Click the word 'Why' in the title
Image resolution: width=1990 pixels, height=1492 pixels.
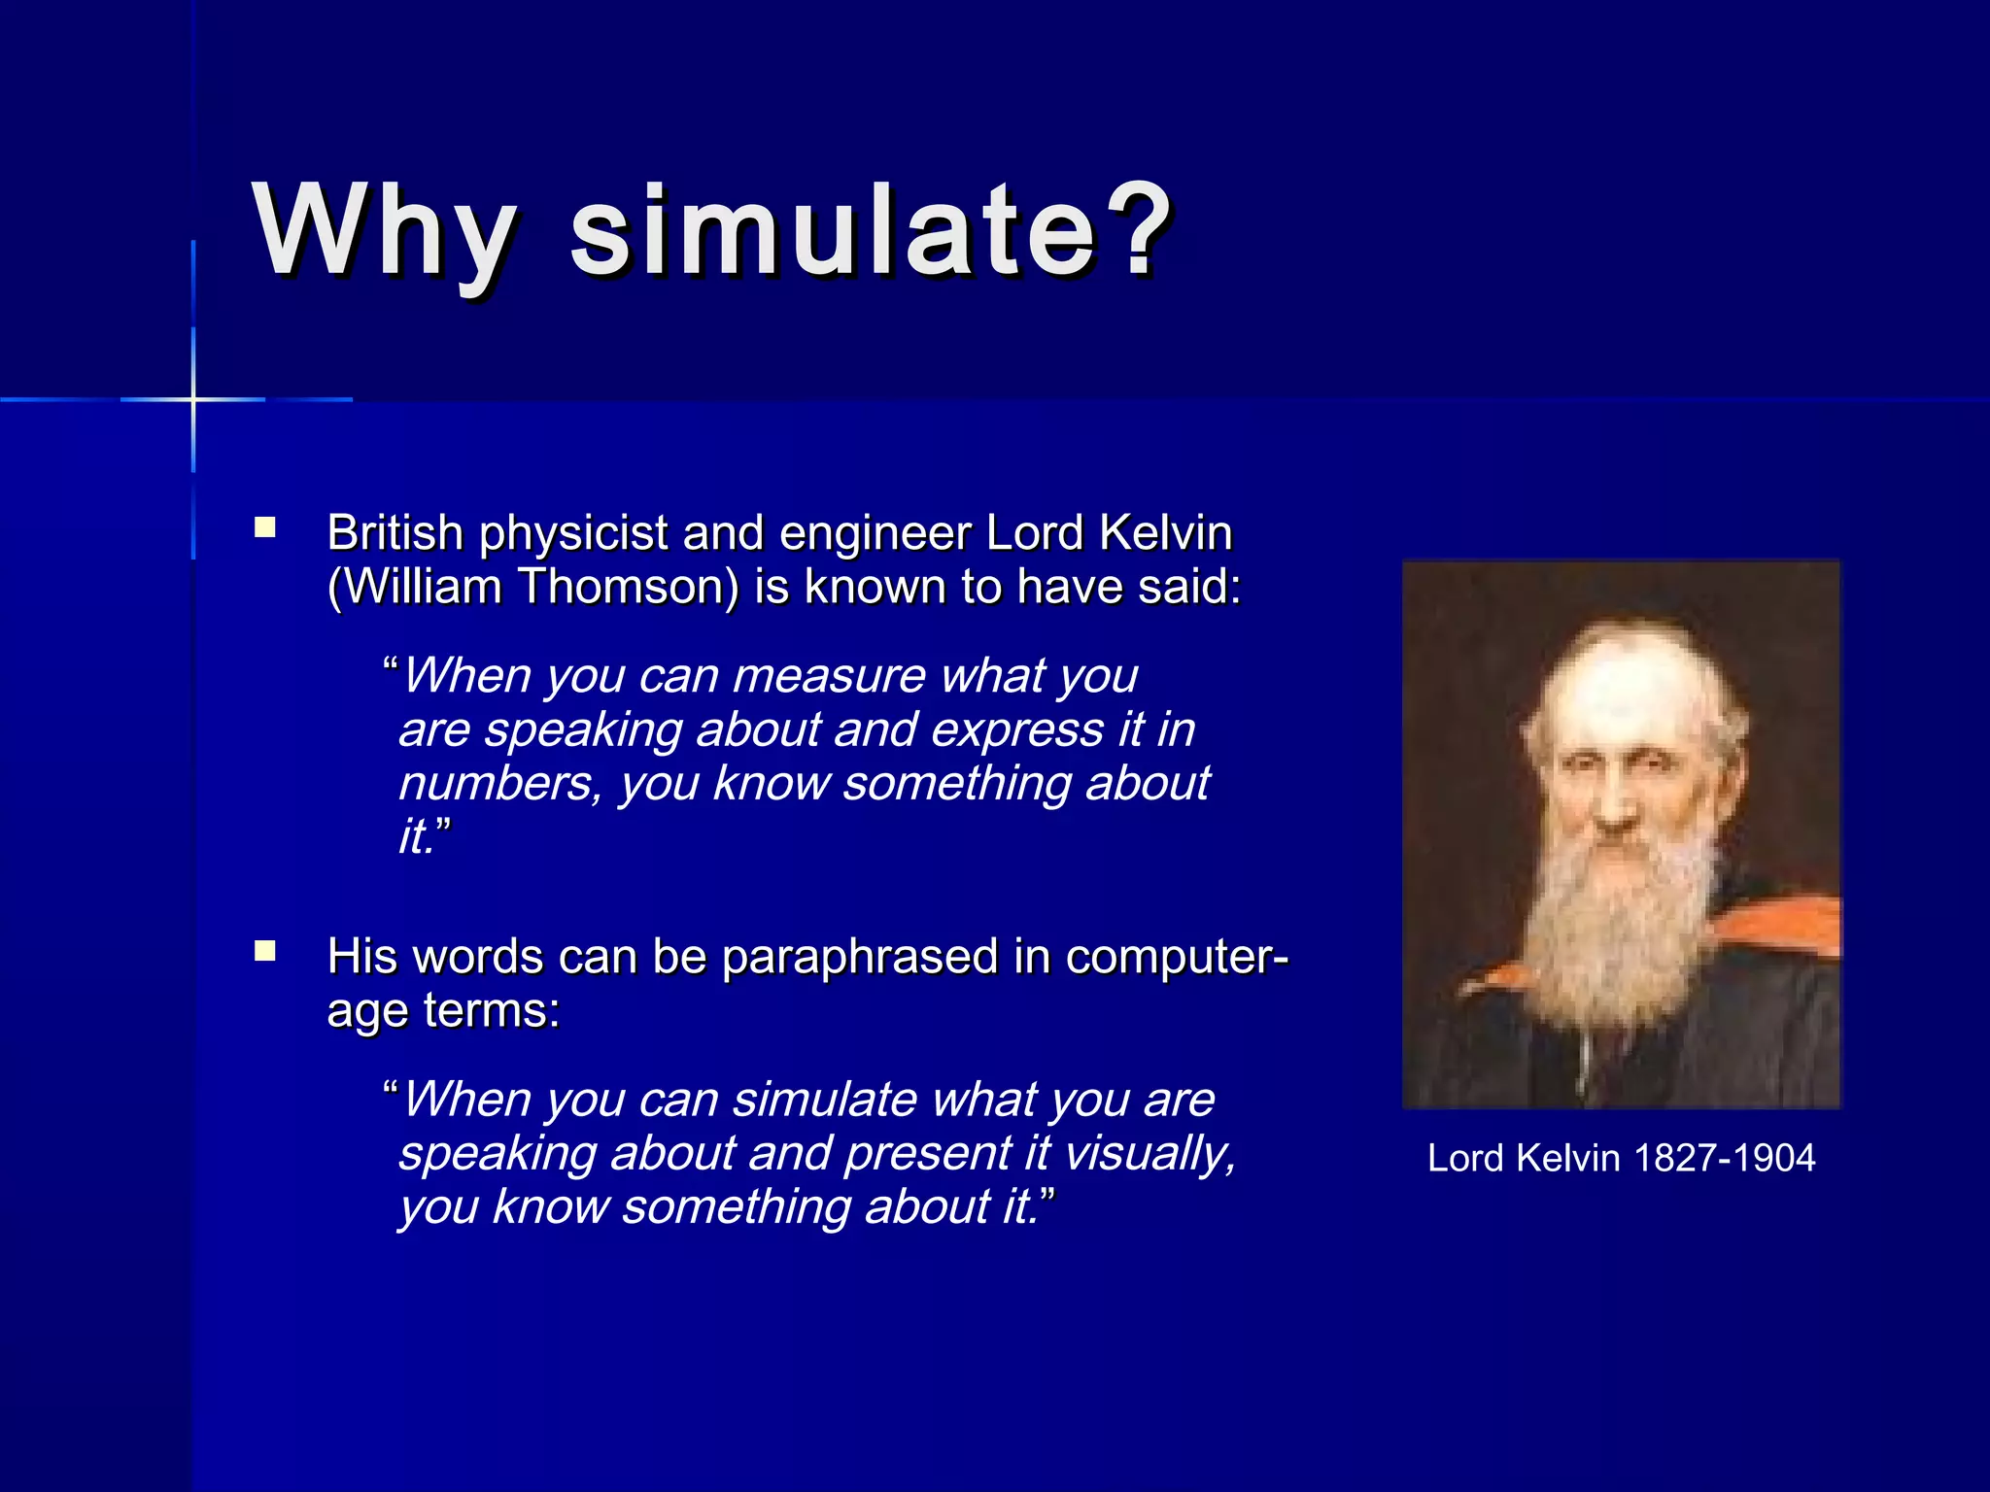coord(384,233)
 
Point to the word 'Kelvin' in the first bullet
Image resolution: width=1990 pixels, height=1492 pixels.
coord(1165,533)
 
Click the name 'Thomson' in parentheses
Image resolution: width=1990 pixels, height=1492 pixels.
coord(628,588)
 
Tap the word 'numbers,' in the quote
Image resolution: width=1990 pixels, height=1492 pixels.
coord(501,784)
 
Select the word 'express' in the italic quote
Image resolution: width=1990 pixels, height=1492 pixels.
coord(1016,730)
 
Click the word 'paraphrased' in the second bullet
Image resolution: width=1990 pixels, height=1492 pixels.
coord(860,957)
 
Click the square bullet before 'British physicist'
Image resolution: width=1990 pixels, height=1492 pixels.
coord(265,528)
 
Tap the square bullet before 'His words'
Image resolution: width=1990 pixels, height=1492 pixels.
coord(265,951)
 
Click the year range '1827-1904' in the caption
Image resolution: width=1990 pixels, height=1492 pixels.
coord(1724,1158)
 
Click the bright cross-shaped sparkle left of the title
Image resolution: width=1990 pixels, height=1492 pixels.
coord(193,399)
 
